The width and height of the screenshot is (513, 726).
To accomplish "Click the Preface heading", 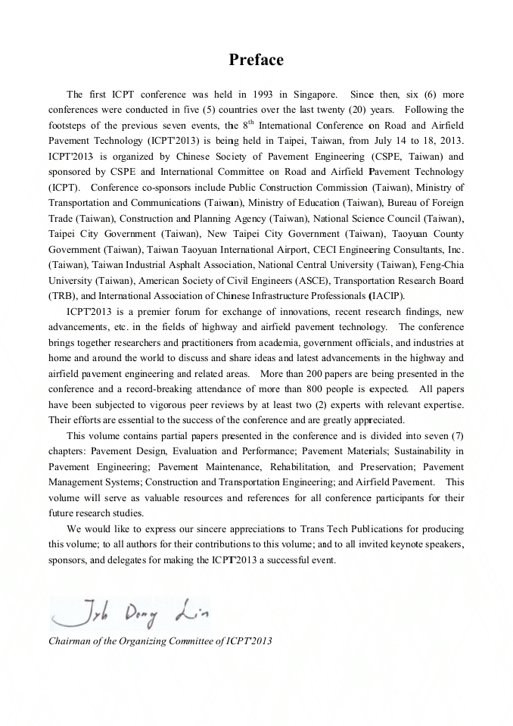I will pos(256,61).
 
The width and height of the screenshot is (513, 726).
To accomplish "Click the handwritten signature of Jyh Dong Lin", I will pos(129,612).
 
